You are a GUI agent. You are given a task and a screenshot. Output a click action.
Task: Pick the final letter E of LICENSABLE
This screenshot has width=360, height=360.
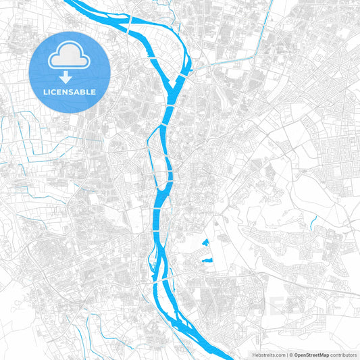pyautogui.click(x=94, y=91)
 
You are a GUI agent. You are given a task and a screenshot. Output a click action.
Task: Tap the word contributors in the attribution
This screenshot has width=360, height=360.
pyautogui.click(x=344, y=354)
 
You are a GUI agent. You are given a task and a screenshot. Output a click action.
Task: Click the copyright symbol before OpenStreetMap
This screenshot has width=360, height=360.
pyautogui.click(x=291, y=354)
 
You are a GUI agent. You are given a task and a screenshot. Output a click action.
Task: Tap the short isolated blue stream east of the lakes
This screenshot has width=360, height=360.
pyautogui.click(x=314, y=222)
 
